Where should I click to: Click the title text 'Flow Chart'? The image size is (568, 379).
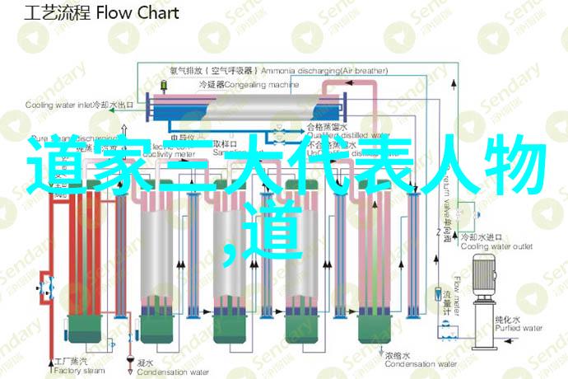coord(137,14)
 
